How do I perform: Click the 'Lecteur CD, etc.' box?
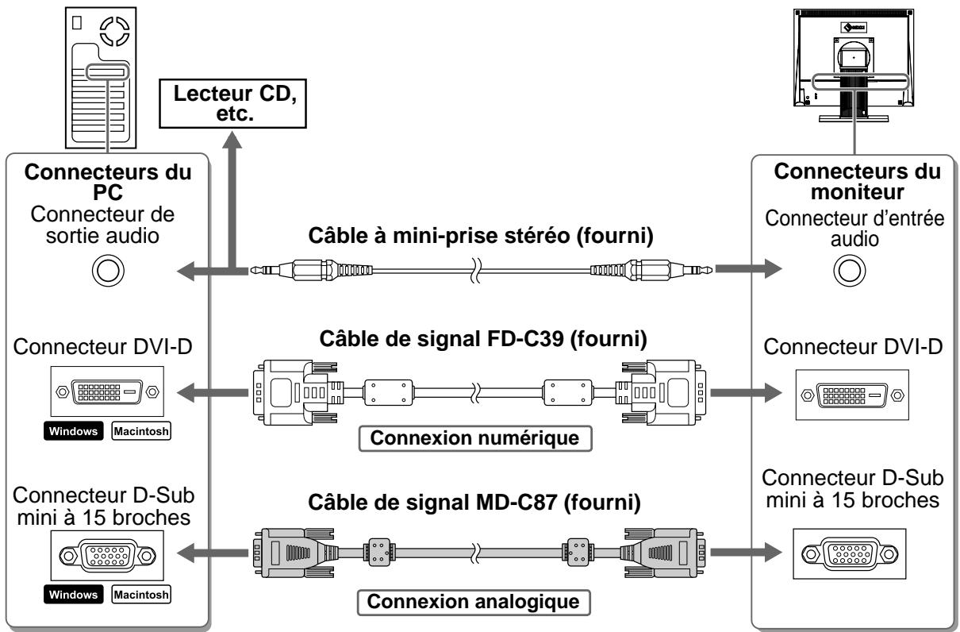tap(232, 103)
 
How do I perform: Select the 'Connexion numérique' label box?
tap(475, 438)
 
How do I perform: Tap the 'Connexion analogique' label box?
tap(474, 602)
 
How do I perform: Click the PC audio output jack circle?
tap(108, 270)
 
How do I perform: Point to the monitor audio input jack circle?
tap(850, 270)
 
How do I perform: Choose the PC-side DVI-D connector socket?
tap(107, 391)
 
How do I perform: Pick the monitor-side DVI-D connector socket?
tap(852, 395)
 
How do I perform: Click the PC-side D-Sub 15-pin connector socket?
tap(107, 556)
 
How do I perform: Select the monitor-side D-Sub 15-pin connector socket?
tap(850, 554)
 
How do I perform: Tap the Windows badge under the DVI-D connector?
tap(73, 431)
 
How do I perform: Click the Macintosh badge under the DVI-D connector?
tap(141, 431)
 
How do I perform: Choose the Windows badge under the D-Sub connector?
tap(73, 595)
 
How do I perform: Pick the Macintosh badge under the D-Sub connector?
tap(141, 595)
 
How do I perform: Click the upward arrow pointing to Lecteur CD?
tap(232, 202)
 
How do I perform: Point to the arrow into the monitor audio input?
tap(749, 269)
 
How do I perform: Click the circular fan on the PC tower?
tap(114, 31)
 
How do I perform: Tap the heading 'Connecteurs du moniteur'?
tap(857, 181)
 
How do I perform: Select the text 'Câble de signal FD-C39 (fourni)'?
tap(483, 339)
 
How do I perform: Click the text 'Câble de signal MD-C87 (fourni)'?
tap(474, 502)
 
